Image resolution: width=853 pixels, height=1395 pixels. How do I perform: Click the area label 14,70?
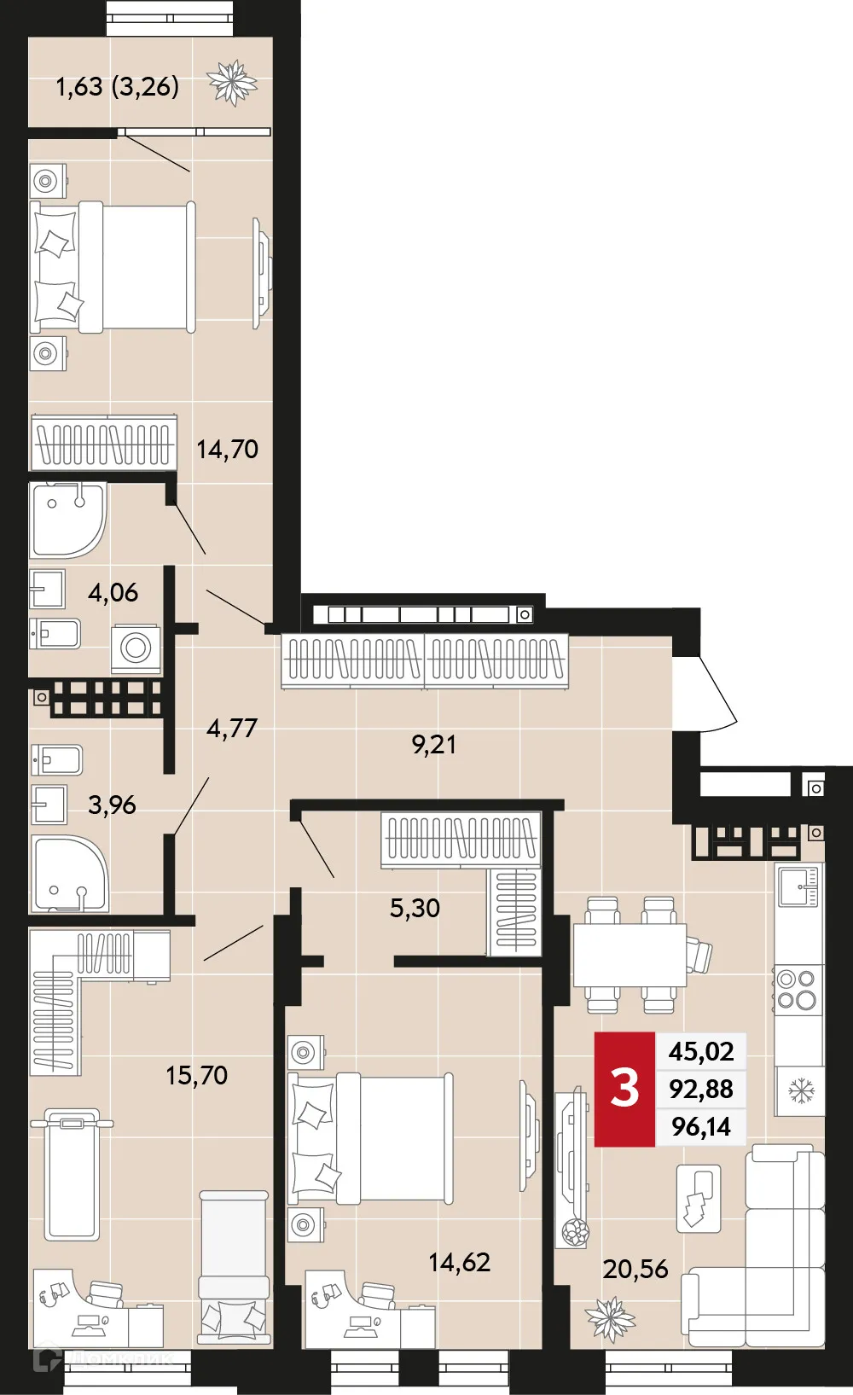[x=227, y=449]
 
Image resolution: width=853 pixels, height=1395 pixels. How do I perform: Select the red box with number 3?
[x=624, y=1089]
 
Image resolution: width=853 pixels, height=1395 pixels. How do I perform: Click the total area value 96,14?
[x=700, y=1127]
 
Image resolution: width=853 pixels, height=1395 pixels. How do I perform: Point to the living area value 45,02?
[x=700, y=1051]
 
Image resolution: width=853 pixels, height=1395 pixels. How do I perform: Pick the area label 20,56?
[x=635, y=1269]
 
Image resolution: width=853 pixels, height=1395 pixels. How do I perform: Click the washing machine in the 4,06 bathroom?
[x=136, y=648]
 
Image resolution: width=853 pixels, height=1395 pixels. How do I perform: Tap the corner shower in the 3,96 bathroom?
[x=68, y=873]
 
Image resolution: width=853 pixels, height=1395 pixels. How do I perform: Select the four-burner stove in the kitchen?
[x=798, y=990]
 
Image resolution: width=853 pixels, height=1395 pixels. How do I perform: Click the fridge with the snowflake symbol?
[x=800, y=1090]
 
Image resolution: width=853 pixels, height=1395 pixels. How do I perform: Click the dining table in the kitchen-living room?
[x=629, y=955]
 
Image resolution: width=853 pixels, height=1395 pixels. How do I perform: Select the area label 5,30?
[x=415, y=908]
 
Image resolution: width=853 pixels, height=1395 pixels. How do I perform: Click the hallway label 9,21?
[x=433, y=744]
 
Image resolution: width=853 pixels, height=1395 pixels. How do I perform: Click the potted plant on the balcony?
[x=232, y=83]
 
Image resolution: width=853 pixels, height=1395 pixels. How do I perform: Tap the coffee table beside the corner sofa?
[x=699, y=1198]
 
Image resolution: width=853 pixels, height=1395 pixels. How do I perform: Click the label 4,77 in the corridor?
[x=231, y=728]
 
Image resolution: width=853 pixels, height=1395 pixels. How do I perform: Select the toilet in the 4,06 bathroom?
[x=55, y=634]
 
